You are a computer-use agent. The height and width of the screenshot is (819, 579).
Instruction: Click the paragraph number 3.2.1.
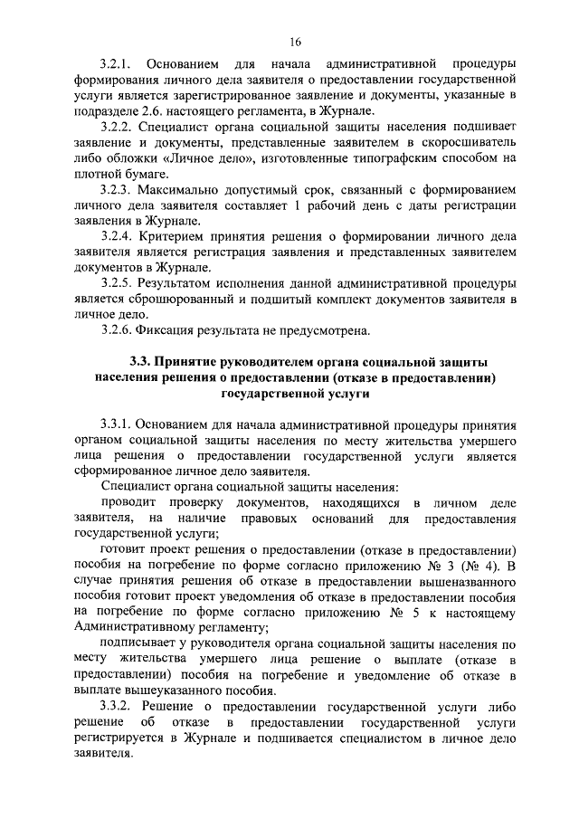point(118,68)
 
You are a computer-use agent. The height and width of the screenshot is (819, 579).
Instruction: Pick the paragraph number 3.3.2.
point(118,705)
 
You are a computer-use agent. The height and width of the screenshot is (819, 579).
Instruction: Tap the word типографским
point(392,159)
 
